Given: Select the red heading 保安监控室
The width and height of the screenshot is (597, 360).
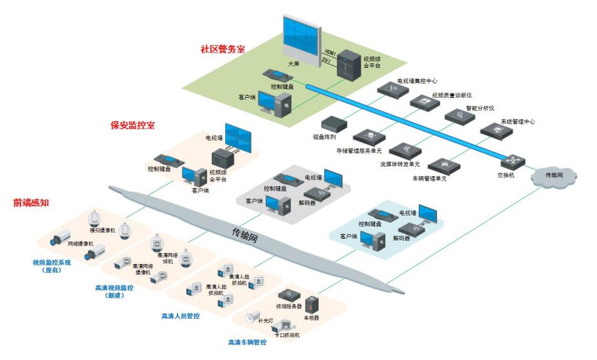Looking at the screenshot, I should click(132, 125).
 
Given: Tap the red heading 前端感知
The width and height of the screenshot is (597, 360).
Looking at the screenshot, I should click(32, 203).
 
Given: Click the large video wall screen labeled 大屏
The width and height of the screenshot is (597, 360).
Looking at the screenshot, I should click(301, 36).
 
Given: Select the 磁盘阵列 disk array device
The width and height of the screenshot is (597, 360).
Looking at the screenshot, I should click(334, 123).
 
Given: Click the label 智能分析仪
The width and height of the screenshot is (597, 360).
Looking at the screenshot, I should click(480, 108).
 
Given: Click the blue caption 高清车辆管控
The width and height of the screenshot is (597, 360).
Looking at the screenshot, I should click(247, 342).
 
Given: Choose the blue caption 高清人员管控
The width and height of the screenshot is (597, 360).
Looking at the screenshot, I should click(180, 316).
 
